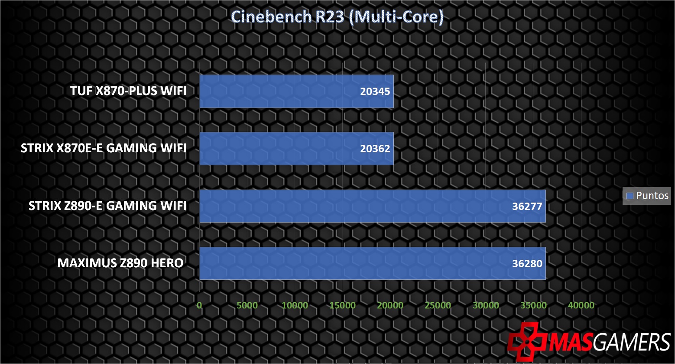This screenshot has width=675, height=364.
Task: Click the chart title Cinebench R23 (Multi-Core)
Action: (x=337, y=16)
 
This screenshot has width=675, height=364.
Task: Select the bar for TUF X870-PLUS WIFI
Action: (x=296, y=91)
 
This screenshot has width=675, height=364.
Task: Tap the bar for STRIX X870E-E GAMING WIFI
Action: (x=296, y=148)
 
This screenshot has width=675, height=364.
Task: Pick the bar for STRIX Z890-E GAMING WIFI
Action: (x=373, y=206)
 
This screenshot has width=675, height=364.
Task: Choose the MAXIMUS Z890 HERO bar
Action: (x=373, y=263)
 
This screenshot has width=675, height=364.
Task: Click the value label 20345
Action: (x=375, y=91)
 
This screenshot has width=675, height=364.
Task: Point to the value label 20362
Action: (x=375, y=148)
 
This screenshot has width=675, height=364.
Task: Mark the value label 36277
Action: (x=527, y=206)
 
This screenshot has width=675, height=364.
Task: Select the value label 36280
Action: (x=527, y=263)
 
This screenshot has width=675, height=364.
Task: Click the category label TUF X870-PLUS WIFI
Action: (x=128, y=91)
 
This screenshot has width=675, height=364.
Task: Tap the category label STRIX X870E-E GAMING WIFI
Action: (x=104, y=148)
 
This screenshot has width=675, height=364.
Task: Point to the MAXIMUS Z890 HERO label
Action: (x=120, y=263)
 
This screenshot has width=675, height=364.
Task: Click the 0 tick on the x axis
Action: (x=199, y=305)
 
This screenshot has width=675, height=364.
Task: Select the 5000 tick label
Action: (x=247, y=305)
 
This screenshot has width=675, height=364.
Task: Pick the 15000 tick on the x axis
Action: (x=342, y=305)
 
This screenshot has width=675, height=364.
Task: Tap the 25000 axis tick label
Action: (x=438, y=305)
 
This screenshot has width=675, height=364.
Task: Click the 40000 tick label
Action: (x=581, y=305)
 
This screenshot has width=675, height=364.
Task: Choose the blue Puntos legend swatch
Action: (x=630, y=196)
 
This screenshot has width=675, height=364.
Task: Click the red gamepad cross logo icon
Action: (x=527, y=341)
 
